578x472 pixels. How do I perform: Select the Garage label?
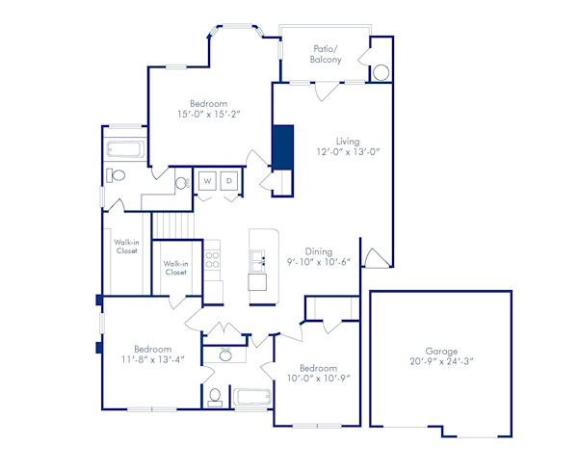click(441, 352)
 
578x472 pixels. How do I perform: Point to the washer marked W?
click(208, 181)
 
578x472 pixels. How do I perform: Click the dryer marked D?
click(230, 181)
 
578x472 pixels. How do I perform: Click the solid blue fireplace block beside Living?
click(283, 146)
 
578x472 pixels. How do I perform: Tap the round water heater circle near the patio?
click(381, 73)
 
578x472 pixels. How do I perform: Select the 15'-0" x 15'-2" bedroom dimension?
click(207, 115)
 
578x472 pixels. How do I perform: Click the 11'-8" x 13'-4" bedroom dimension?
click(153, 360)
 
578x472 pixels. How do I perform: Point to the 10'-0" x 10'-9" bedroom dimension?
click(317, 379)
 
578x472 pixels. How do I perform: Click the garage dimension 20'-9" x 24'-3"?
click(441, 363)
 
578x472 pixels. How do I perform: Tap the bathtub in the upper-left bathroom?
click(124, 150)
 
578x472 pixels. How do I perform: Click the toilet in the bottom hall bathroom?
click(217, 396)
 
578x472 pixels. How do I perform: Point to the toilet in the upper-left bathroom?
click(118, 176)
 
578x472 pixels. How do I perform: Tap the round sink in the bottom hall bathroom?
click(225, 355)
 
